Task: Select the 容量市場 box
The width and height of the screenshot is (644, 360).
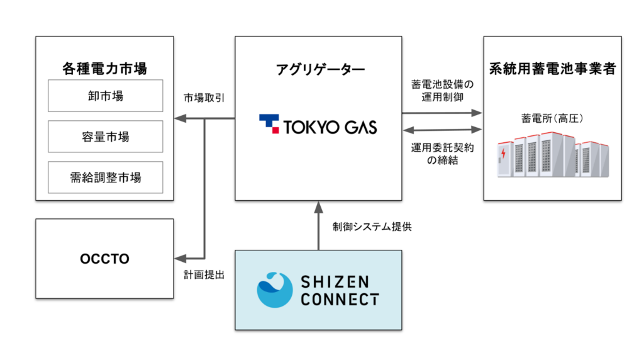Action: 105,137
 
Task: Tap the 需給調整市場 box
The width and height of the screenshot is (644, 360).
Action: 105,177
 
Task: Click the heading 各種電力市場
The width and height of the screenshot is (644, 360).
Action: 104,67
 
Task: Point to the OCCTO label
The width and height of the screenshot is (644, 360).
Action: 104,259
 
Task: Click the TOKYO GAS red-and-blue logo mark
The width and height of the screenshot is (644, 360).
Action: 269,124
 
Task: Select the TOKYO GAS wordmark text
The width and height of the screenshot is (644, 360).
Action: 331,126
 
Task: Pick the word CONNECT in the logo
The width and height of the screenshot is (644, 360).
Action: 340,299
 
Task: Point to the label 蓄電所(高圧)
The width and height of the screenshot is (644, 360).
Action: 553,118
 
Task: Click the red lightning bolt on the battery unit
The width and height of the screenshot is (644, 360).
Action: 503,155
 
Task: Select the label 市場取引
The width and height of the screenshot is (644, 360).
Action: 204,99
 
